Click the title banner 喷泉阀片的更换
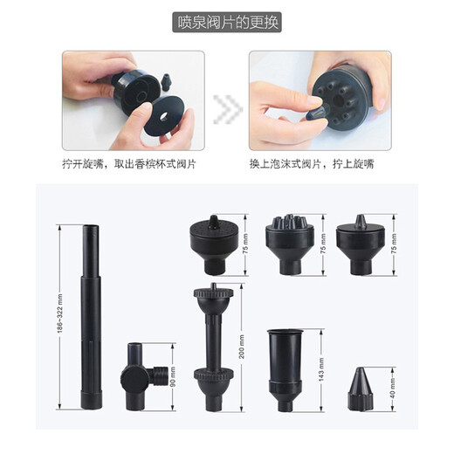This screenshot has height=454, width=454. (x=226, y=22)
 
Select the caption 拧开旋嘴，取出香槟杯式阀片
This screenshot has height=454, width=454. (x=132, y=163)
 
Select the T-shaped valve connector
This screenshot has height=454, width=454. (x=140, y=377)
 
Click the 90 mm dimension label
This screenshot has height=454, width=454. (x=173, y=378)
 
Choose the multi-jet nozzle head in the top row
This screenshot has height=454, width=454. (x=287, y=238)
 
